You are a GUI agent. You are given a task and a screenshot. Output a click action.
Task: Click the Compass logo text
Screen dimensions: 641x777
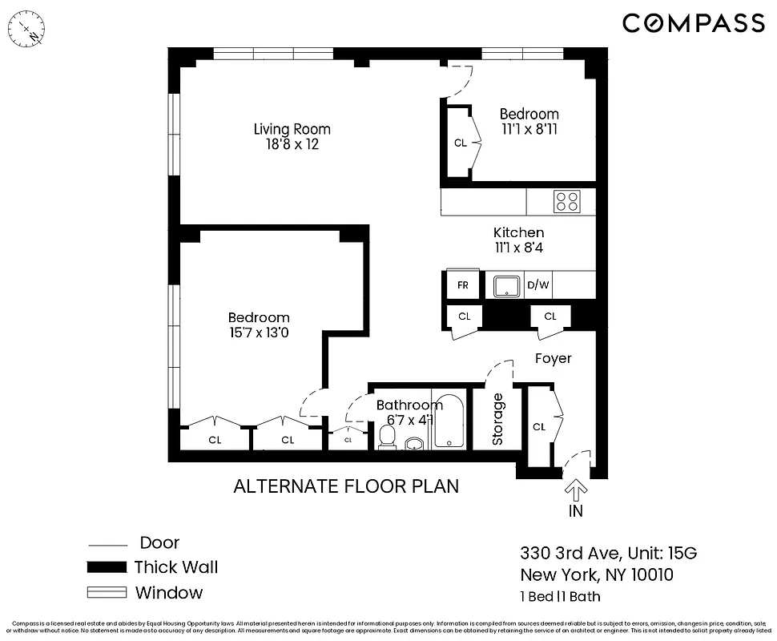tap(694, 23)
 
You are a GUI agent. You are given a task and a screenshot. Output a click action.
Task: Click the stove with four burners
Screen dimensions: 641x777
tap(567, 200)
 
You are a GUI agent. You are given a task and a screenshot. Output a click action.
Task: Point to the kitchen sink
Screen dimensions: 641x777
tap(506, 285)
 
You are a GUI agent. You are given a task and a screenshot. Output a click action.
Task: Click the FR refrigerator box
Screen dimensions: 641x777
tap(462, 285)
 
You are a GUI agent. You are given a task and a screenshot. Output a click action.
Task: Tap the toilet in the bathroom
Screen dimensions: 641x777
tap(387, 437)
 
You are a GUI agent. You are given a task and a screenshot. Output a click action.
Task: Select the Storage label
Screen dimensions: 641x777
tap(497, 419)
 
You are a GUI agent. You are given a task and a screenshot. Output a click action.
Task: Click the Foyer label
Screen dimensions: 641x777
tap(553, 358)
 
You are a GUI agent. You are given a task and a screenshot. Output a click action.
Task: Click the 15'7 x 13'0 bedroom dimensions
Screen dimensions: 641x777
tap(258, 333)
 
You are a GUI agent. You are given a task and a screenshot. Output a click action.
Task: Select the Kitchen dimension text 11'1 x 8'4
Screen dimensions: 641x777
tap(518, 248)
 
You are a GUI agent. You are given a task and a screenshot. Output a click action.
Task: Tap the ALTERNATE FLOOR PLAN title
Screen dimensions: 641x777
tap(346, 486)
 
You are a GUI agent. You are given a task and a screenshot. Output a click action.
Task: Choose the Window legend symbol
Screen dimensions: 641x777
tap(107, 593)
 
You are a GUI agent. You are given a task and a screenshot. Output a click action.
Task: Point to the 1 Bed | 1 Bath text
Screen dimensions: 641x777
tap(560, 596)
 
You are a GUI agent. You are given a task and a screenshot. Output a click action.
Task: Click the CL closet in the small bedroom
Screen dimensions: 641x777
tap(460, 143)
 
